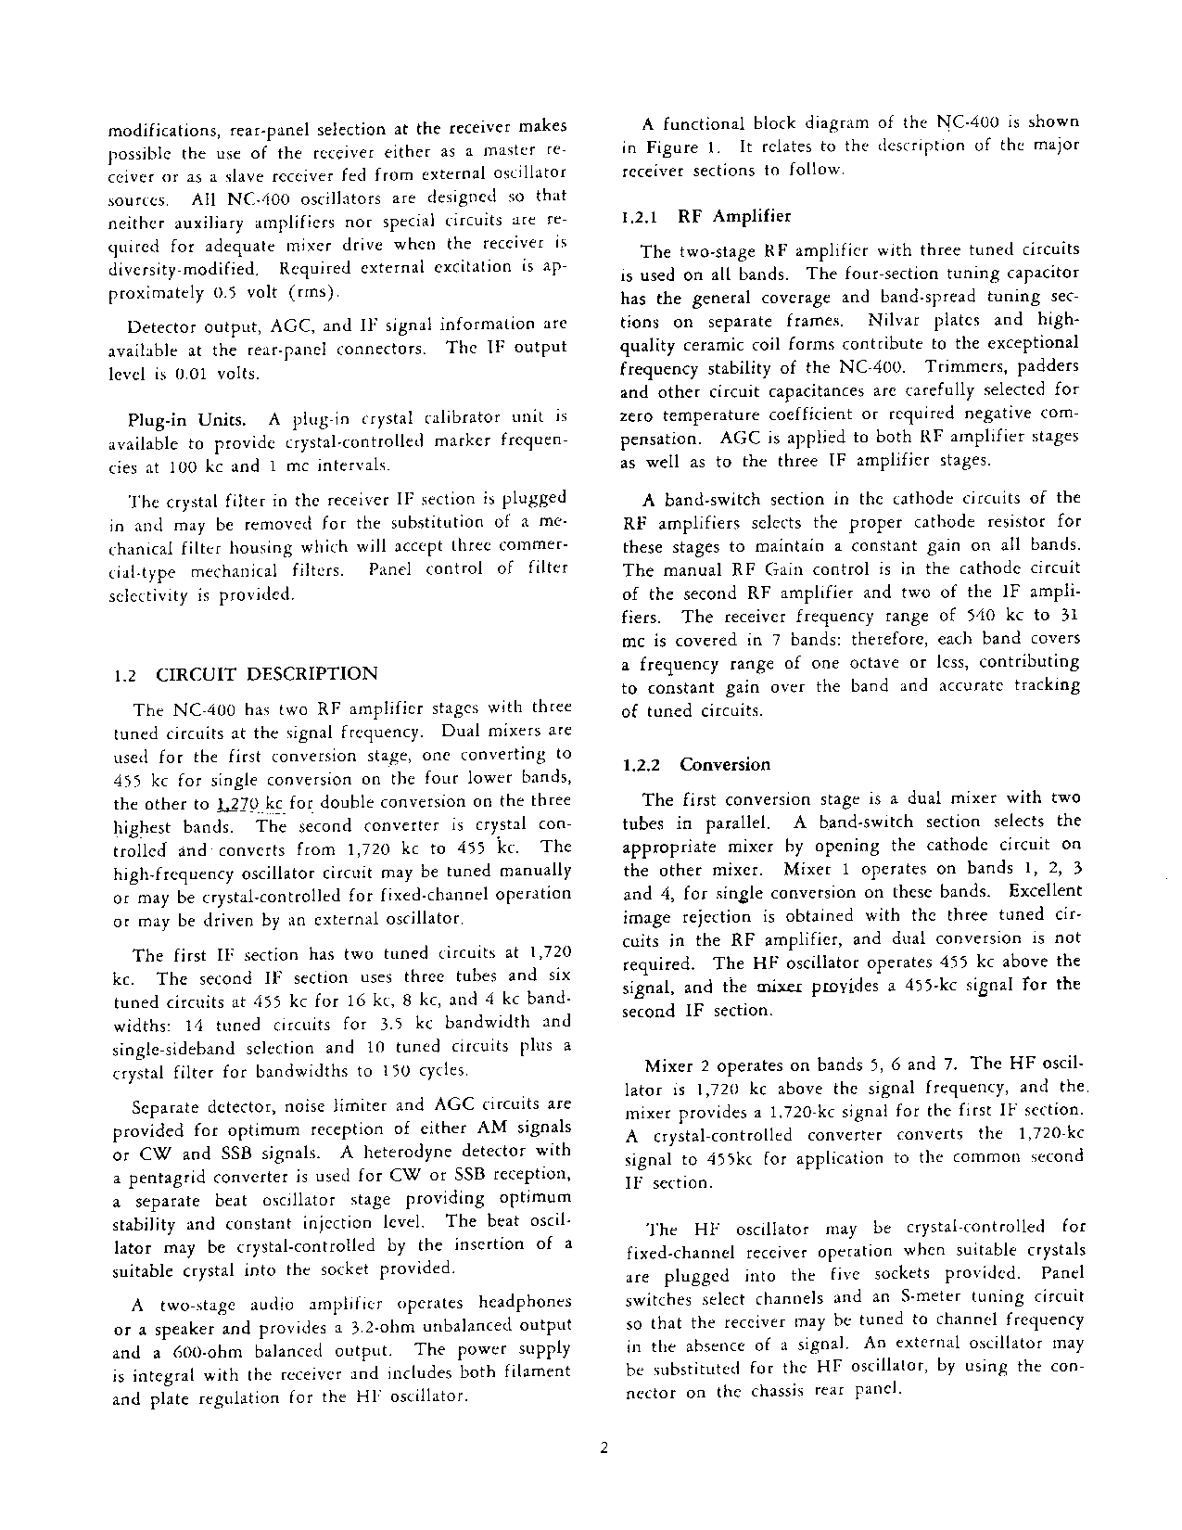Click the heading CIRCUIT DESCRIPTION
pos(266,674)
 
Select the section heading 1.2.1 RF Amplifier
pos(706,217)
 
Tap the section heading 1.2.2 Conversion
pos(696,765)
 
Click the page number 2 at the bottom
pos(604,1451)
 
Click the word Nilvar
pos(895,321)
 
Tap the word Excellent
pos(1045,891)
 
